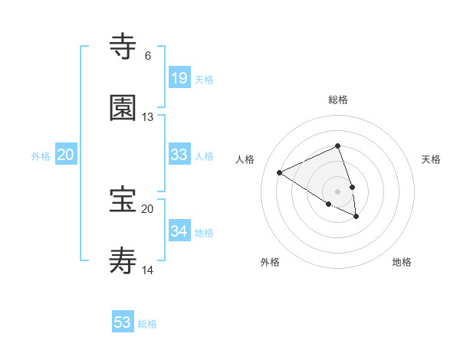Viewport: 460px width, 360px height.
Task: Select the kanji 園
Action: (123, 108)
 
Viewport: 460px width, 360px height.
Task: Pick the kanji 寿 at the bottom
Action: (123, 260)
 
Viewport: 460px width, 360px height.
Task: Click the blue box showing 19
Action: (179, 77)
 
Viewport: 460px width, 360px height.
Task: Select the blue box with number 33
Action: (179, 155)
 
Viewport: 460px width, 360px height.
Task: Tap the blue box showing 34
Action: (179, 231)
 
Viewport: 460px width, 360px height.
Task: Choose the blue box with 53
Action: (123, 322)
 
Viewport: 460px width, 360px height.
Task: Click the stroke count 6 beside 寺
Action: (147, 56)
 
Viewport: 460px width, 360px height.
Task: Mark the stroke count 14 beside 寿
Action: (147, 270)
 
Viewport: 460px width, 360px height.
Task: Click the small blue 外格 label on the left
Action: (41, 156)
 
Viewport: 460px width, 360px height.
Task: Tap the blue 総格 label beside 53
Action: (147, 324)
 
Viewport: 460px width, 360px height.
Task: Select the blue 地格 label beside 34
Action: (204, 233)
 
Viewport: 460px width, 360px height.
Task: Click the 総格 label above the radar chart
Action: (337, 100)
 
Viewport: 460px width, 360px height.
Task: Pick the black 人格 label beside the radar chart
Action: (245, 159)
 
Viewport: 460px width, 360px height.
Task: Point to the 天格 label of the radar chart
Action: (431, 159)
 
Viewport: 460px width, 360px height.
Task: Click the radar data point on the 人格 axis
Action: (280, 172)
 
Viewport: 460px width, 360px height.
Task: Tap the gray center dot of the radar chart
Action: (337, 191)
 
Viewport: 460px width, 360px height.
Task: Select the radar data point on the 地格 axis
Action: (356, 217)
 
